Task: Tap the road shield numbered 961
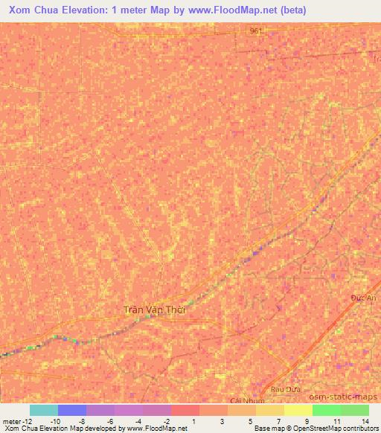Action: tap(257, 31)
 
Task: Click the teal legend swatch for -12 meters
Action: tap(43, 410)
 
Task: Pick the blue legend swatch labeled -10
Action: tap(72, 410)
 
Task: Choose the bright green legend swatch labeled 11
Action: tap(326, 410)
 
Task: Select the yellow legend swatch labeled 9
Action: tap(298, 410)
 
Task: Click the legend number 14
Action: tap(364, 420)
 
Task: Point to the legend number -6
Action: tap(110, 420)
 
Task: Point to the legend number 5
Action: tap(251, 420)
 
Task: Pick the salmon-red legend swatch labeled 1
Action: tap(185, 410)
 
